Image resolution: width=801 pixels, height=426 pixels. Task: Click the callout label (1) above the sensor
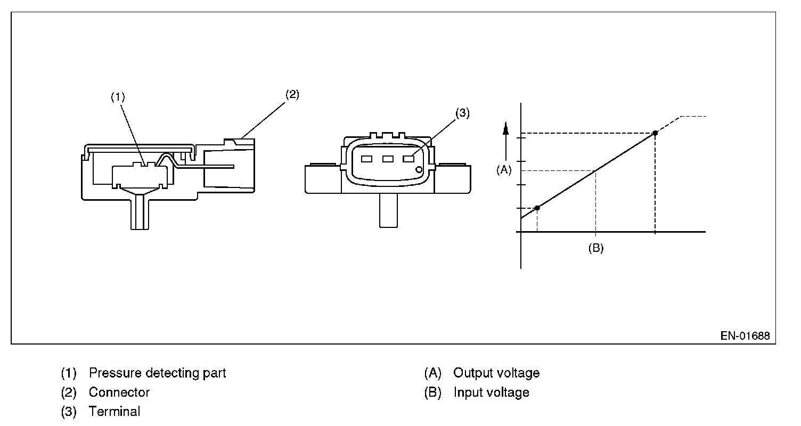coord(117,97)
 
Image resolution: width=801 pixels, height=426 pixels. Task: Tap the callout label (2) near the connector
coord(292,95)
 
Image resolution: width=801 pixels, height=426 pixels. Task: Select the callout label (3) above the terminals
coord(462,113)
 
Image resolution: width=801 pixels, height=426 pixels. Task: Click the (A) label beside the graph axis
coord(503,169)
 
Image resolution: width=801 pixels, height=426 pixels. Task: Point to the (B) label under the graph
coord(595,248)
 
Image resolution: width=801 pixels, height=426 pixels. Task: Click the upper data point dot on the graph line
coord(655,133)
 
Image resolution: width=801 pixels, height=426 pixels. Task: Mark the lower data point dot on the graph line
coord(537,208)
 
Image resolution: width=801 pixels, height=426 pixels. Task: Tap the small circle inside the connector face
coord(419,170)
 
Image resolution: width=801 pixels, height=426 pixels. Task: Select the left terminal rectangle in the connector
coord(366,159)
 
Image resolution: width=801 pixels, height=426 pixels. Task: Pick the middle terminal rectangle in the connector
coord(388,159)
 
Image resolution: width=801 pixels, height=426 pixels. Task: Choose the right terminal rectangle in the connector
coord(408,159)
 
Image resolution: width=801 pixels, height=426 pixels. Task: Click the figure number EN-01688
coord(745,336)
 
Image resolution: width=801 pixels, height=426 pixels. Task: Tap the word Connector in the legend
coord(119,392)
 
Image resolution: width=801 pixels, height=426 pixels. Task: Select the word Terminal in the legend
coord(115,412)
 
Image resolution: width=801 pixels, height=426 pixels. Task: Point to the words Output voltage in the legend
coord(496,373)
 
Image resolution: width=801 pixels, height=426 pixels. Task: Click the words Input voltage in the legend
coord(492,392)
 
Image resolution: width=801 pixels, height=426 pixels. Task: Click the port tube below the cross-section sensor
coord(140,213)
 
